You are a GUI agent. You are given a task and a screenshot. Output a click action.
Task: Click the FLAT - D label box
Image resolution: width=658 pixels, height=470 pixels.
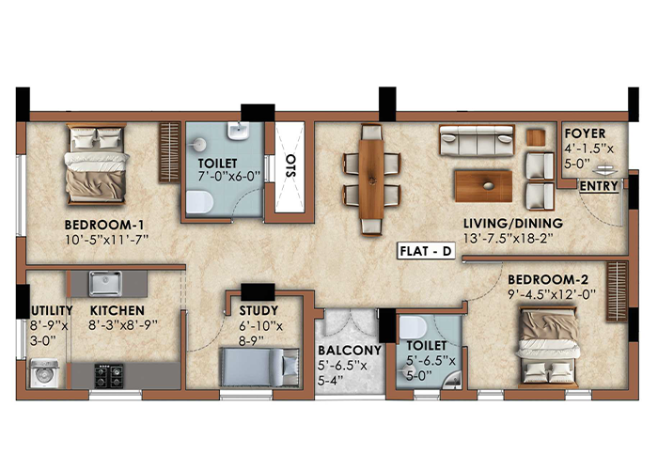click(x=427, y=251)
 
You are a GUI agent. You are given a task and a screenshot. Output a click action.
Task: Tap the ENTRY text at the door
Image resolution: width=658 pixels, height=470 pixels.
click(x=599, y=186)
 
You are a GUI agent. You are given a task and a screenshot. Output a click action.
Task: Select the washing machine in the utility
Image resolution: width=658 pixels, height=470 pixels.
click(x=44, y=373)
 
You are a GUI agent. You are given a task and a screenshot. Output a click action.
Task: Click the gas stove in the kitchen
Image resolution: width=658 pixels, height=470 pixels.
click(x=109, y=376)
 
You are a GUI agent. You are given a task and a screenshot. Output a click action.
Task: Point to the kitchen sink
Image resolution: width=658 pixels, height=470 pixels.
click(x=105, y=283)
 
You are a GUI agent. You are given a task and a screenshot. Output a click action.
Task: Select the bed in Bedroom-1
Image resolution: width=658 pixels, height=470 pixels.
click(x=97, y=164)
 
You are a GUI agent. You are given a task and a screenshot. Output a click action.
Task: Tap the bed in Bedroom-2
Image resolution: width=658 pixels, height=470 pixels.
click(x=548, y=347)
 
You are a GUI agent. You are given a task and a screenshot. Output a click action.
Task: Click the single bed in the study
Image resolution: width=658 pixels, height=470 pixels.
click(x=260, y=367)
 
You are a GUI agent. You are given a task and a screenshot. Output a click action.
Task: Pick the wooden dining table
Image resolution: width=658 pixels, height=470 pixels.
click(x=371, y=180)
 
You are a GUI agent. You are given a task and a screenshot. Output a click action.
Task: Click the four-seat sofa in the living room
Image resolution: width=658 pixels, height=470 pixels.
click(x=477, y=140)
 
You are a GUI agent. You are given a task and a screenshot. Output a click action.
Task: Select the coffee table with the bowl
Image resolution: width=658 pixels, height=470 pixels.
click(x=483, y=186)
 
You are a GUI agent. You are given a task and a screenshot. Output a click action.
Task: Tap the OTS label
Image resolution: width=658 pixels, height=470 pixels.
click(x=290, y=165)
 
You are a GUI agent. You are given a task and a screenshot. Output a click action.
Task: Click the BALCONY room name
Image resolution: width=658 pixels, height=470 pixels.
click(x=350, y=351)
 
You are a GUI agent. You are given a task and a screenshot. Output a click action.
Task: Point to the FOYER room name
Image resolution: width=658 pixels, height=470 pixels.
click(x=585, y=133)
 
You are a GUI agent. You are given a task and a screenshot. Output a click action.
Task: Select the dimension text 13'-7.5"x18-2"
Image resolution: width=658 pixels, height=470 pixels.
click(x=509, y=239)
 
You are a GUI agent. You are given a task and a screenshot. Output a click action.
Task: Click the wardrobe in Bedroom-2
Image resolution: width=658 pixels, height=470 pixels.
click(x=617, y=291)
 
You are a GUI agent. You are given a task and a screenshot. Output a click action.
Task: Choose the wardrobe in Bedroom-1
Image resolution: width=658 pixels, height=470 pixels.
click(x=169, y=152)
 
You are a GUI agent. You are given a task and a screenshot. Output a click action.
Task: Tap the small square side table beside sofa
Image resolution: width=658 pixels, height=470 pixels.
click(x=536, y=137)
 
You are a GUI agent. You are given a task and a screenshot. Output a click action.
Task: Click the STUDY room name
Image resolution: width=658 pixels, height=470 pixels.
click(x=258, y=310)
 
